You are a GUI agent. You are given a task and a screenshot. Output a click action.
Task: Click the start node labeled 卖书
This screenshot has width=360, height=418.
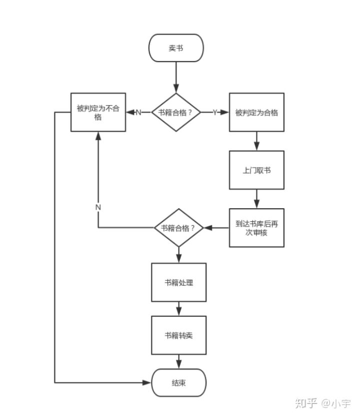[x=176, y=48]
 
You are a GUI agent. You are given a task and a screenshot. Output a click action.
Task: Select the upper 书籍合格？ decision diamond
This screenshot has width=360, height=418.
[x=176, y=112]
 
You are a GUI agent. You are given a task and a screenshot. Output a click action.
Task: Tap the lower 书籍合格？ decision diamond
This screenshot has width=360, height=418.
[x=179, y=228]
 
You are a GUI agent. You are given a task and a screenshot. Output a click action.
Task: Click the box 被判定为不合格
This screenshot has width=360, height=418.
[x=98, y=112]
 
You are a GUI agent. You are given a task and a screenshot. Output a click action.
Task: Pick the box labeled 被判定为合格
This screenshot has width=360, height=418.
[x=256, y=112]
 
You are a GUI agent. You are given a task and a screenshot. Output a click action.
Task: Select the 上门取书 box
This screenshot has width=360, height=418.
[x=256, y=170]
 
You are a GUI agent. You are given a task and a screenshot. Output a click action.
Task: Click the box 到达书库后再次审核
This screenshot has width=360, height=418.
[x=256, y=228]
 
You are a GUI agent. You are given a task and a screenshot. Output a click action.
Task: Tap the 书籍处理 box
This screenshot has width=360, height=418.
[x=179, y=282]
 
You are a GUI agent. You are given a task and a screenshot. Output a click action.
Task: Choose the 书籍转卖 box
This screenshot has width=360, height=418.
[x=179, y=335]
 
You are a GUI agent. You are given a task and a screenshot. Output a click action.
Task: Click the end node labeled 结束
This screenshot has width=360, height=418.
[x=179, y=383]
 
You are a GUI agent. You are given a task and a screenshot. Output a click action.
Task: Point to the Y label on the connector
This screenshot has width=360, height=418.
[x=215, y=112]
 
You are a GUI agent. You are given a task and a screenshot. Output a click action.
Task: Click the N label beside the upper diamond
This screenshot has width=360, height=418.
[x=138, y=112]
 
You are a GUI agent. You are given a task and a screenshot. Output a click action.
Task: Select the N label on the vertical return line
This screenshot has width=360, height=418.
[x=98, y=207]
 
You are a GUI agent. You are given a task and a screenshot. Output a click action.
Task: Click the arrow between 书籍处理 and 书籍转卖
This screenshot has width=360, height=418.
[x=179, y=309]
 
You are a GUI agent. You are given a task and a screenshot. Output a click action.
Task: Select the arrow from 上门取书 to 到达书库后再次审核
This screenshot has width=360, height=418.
[x=256, y=199]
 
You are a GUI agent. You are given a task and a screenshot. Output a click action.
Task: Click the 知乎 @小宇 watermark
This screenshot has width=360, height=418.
[x=323, y=403]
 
